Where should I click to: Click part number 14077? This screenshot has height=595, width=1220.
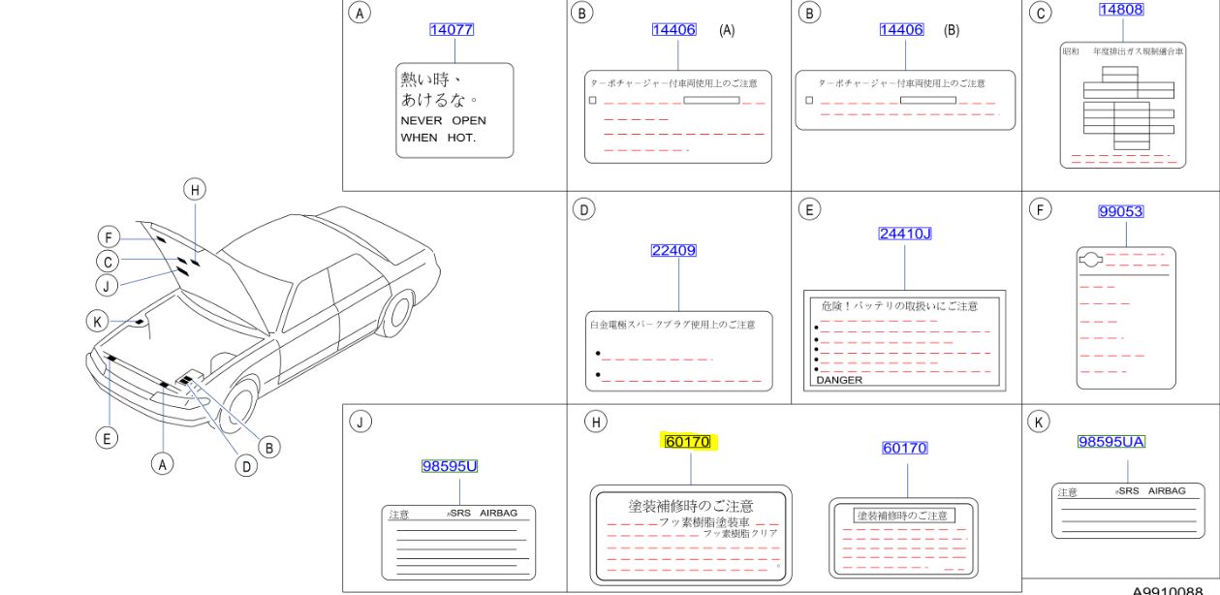452,30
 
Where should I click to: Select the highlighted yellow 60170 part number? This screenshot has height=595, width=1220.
687,442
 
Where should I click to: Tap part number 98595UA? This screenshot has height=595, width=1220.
1111,442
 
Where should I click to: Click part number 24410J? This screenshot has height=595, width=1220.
904,234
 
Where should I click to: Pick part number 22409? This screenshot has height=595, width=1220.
673,250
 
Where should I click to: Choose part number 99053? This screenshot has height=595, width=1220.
1120,211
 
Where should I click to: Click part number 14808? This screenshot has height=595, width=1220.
1120,10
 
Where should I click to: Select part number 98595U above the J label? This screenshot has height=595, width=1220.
450,466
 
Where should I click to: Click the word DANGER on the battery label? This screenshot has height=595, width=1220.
839,381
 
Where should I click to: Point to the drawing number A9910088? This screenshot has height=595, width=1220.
1174,589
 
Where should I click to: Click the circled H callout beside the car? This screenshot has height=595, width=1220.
195,190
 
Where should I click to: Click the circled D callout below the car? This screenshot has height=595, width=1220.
247,465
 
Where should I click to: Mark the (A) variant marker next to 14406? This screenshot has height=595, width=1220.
727,30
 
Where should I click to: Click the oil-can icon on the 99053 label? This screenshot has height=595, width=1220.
1091,259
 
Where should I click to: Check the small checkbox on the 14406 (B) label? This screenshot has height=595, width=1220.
809,100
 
